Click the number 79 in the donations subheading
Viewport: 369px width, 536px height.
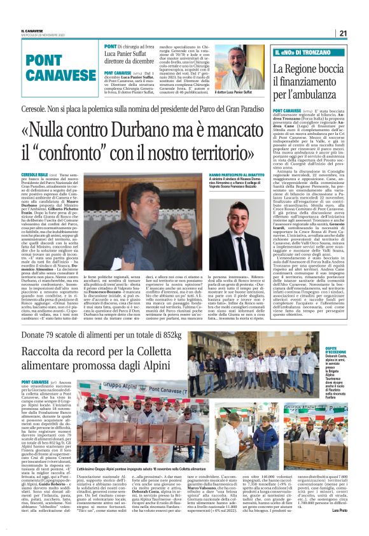click(x=61, y=334)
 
